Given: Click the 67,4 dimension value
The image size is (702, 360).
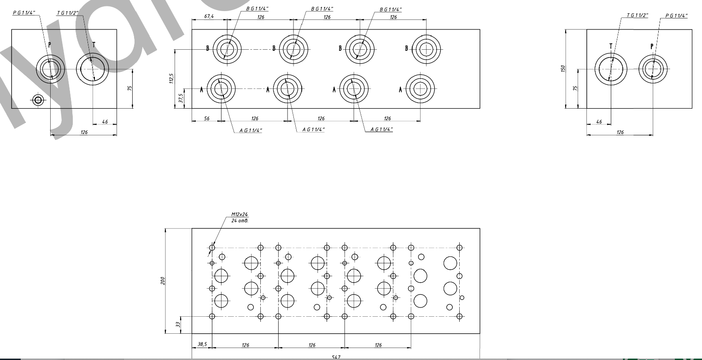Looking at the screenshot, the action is (x=209, y=17).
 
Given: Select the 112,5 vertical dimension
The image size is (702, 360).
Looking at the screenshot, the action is (x=171, y=79).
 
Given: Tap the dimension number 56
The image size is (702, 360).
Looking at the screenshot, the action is (x=207, y=119).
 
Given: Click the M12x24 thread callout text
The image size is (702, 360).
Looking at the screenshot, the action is (x=240, y=215).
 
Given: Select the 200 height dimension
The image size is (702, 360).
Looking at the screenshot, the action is (x=163, y=281).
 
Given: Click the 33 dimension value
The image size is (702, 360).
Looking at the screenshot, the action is (x=178, y=325).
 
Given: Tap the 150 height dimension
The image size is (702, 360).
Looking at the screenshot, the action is (x=562, y=69).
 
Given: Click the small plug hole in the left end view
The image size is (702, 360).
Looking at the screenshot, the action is (x=38, y=100).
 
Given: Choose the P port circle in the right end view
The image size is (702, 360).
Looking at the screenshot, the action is (x=653, y=69).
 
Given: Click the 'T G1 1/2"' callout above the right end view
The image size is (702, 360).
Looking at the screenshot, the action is (x=637, y=16).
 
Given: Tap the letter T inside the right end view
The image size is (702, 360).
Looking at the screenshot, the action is (x=611, y=46).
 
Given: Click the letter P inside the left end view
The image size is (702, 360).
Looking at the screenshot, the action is (x=50, y=45).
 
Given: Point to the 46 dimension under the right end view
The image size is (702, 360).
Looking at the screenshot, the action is (x=599, y=122).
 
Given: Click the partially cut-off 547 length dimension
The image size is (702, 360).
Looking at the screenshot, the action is (x=336, y=357).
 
